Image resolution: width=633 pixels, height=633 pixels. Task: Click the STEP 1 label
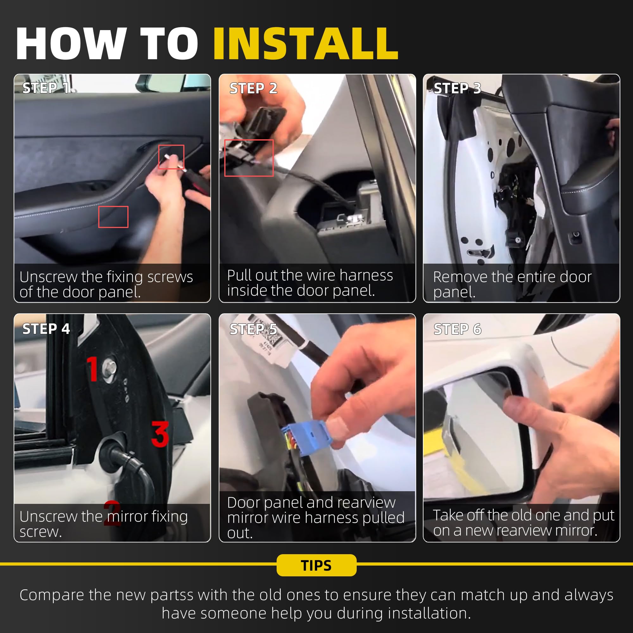pos(46,88)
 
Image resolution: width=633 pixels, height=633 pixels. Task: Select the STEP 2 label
pos(253,88)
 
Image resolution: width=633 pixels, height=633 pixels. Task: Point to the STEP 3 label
pos(457,88)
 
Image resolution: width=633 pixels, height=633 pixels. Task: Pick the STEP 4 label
pos(46,329)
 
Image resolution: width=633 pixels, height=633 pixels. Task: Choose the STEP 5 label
pos(253,329)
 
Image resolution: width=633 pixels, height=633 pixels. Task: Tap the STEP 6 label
pos(457,329)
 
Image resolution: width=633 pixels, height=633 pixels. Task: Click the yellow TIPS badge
pos(316,565)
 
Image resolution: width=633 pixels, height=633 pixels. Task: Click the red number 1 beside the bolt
pos(93,369)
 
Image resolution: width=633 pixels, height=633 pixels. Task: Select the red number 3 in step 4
pos(160,434)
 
